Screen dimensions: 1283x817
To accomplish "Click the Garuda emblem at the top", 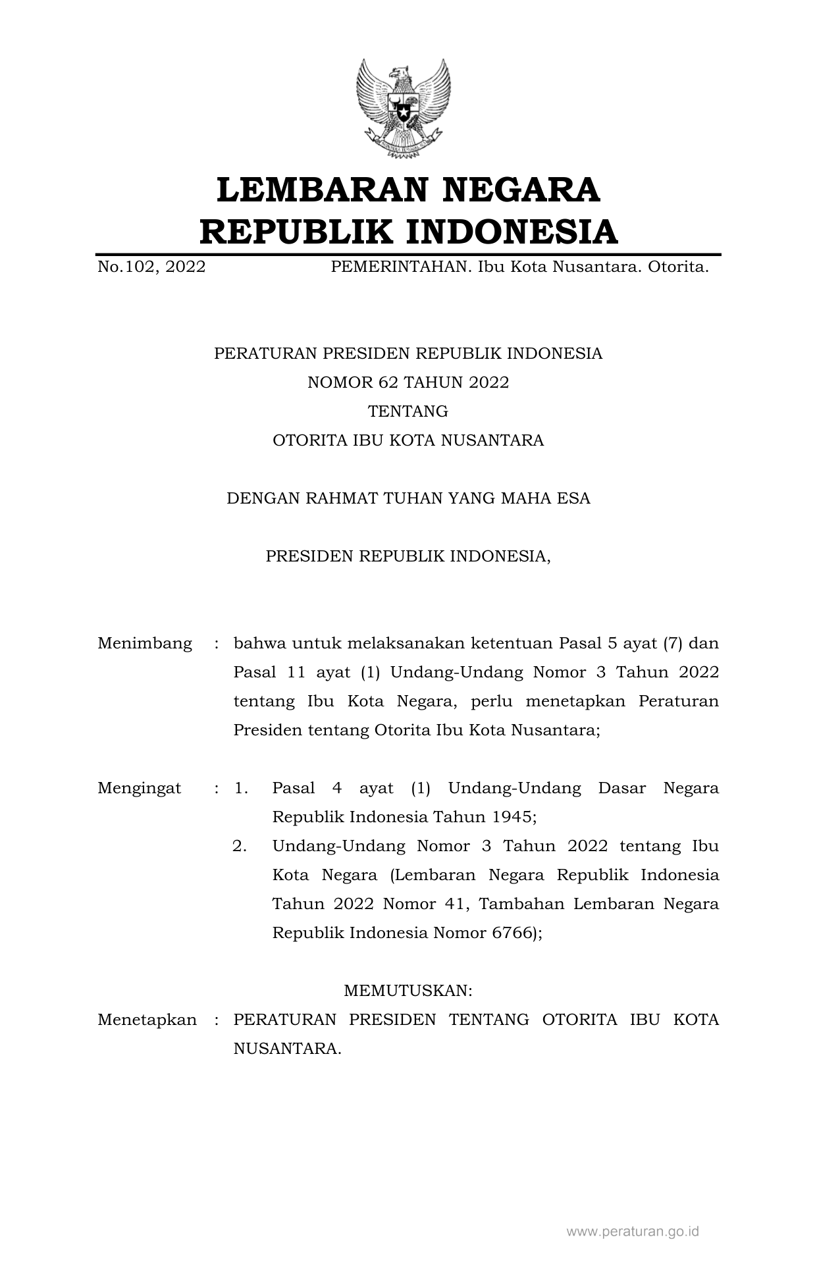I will [403, 109].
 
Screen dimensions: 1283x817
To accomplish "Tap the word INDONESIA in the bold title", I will [510, 232].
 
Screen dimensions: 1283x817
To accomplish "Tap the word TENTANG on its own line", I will [408, 411].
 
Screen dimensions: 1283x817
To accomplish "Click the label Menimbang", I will [145, 643].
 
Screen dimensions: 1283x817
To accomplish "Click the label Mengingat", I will [140, 788].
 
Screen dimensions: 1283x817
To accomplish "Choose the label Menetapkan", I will [147, 1020].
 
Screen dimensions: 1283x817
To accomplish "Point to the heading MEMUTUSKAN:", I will [408, 991].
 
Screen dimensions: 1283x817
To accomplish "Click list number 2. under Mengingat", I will [240, 846].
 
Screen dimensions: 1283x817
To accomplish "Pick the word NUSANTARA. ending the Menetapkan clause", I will [288, 1049].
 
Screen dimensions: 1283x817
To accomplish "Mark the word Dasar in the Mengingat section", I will [622, 788].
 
